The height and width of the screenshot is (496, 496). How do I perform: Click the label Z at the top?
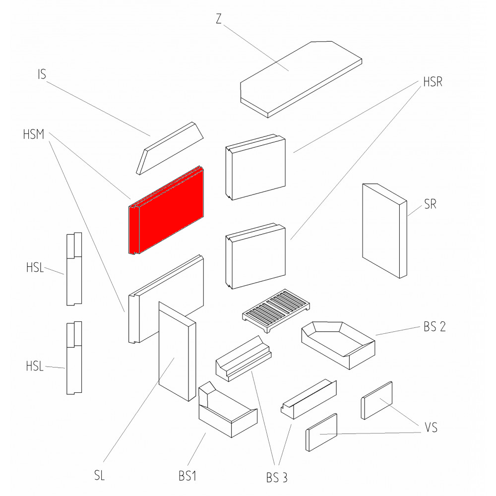click(219, 19)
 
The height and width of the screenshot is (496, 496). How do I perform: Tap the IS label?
click(42, 75)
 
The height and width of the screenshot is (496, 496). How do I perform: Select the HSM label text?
click(33, 134)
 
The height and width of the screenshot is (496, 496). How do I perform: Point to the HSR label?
click(432, 82)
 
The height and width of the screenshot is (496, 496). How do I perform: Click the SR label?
click(430, 204)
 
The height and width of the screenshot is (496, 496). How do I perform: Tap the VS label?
click(431, 427)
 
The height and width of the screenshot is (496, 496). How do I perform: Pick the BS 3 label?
click(276, 478)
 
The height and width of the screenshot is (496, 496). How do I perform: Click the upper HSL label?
click(35, 269)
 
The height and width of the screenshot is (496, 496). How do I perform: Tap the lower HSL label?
click(35, 368)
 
